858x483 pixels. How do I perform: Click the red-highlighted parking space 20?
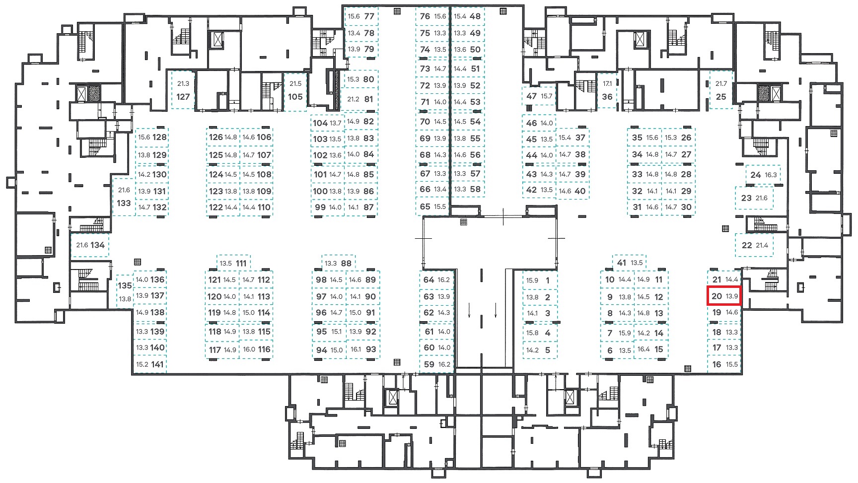coord(724,296)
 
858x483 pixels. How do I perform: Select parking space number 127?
coord(183,90)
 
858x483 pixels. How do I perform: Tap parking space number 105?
coord(295,90)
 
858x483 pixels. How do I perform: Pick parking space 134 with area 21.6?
coord(90,245)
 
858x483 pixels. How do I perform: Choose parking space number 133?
coord(124,197)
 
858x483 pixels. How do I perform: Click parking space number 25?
coord(721,90)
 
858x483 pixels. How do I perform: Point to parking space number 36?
coord(607,90)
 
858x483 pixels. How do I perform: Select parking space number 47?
coord(539,96)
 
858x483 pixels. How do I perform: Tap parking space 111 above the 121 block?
coord(233,263)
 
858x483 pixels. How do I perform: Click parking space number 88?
coord(338,263)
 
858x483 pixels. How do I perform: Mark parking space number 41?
coord(629,263)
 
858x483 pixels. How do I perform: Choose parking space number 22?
coord(754,245)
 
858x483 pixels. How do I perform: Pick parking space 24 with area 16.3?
coord(763,175)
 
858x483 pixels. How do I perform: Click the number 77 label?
coord(369,16)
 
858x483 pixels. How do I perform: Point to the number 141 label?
coord(157,364)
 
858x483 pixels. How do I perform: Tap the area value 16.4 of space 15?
coord(643,349)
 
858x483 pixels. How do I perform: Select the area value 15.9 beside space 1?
coord(532,280)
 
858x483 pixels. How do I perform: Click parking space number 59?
coord(435,364)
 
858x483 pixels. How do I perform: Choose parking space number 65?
coord(432,207)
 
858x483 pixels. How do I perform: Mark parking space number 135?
coord(125,291)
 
